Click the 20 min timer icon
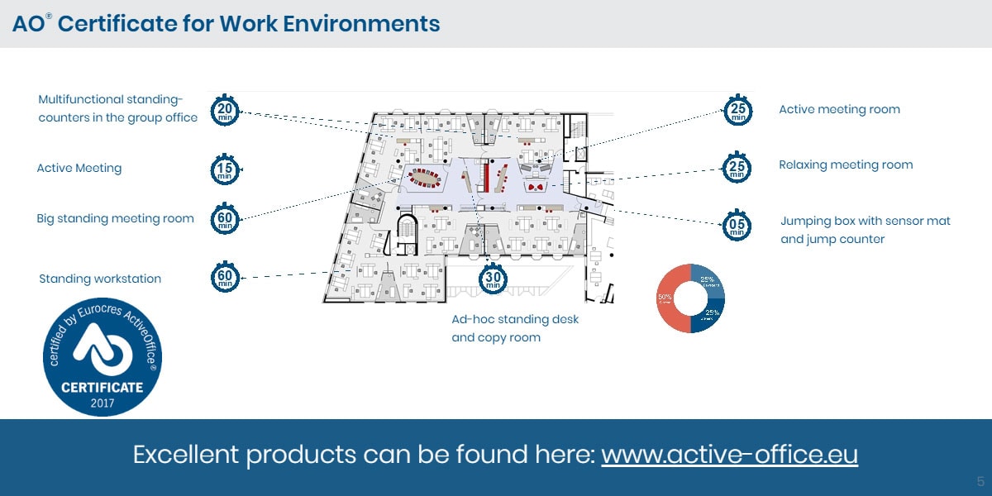[x=225, y=112]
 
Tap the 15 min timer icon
[x=225, y=169]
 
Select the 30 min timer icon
[x=493, y=278]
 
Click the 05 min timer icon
[x=737, y=225]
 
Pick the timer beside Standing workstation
[x=225, y=277]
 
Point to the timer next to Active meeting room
[x=738, y=110]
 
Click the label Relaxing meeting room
[x=846, y=165]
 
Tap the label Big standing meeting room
[x=115, y=219]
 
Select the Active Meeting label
[x=79, y=168]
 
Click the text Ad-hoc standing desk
[x=515, y=319]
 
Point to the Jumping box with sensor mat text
[x=866, y=221]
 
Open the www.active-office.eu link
[x=729, y=455]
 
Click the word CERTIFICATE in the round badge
[x=103, y=387]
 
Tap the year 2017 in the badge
[x=103, y=403]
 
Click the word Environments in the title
[x=361, y=23]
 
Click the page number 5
[x=980, y=481]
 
